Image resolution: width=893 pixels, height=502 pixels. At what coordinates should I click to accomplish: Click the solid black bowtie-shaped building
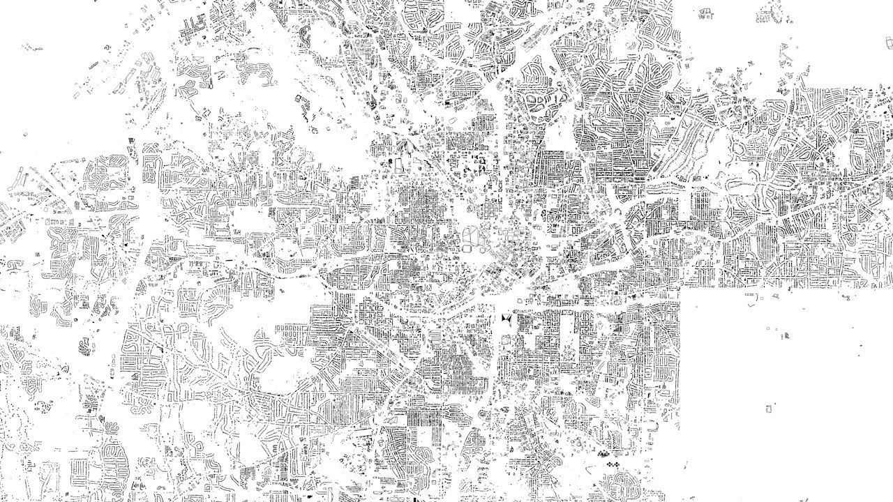tap(506, 319)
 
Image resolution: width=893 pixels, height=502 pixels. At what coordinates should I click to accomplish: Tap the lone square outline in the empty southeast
tap(770, 408)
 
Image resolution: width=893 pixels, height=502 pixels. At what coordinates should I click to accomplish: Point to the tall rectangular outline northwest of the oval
tap(399, 167)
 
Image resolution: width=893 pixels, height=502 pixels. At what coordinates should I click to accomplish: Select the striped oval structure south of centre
tap(435, 336)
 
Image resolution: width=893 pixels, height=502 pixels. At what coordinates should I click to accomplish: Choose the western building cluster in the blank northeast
tap(705, 12)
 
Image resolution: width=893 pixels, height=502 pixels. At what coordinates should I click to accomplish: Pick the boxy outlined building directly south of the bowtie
tap(505, 339)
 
